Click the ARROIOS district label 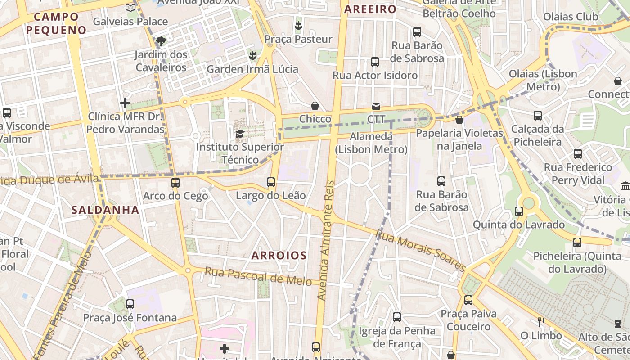point(279,256)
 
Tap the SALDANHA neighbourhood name point(105,210)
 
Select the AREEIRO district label point(370,9)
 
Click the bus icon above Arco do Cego point(175,183)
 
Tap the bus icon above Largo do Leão point(271,182)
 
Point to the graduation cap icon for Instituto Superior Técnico point(240,134)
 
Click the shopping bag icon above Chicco point(315,106)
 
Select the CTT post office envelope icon point(376,106)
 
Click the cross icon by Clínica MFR point(125,103)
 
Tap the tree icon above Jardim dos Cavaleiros point(161,41)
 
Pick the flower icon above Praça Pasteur point(298,26)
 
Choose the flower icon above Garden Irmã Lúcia point(252,56)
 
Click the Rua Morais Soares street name point(420,251)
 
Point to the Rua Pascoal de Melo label point(258,276)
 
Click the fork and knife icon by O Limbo point(541,322)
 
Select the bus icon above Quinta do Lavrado point(519,211)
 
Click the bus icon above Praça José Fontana point(130,304)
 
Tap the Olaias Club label point(571,17)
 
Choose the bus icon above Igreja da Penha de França point(397,317)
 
